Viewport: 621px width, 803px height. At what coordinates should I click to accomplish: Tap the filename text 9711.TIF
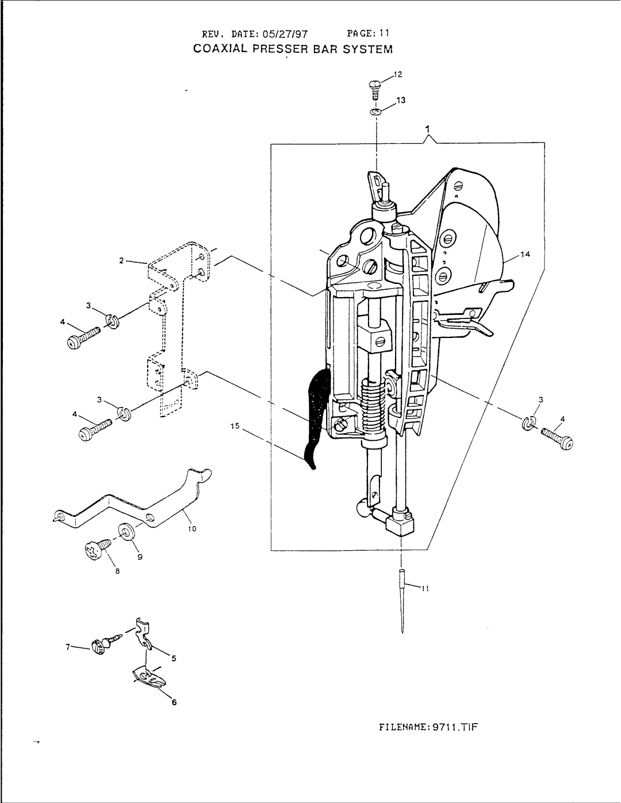coord(457,726)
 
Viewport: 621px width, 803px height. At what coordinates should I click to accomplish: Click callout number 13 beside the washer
coord(401,100)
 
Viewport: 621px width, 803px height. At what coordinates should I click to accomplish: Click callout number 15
coord(235,426)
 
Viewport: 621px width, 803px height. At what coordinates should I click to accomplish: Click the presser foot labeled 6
coord(148,679)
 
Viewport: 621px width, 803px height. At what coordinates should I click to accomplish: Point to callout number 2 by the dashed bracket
coord(122,260)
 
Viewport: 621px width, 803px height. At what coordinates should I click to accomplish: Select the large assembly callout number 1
coord(427,129)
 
